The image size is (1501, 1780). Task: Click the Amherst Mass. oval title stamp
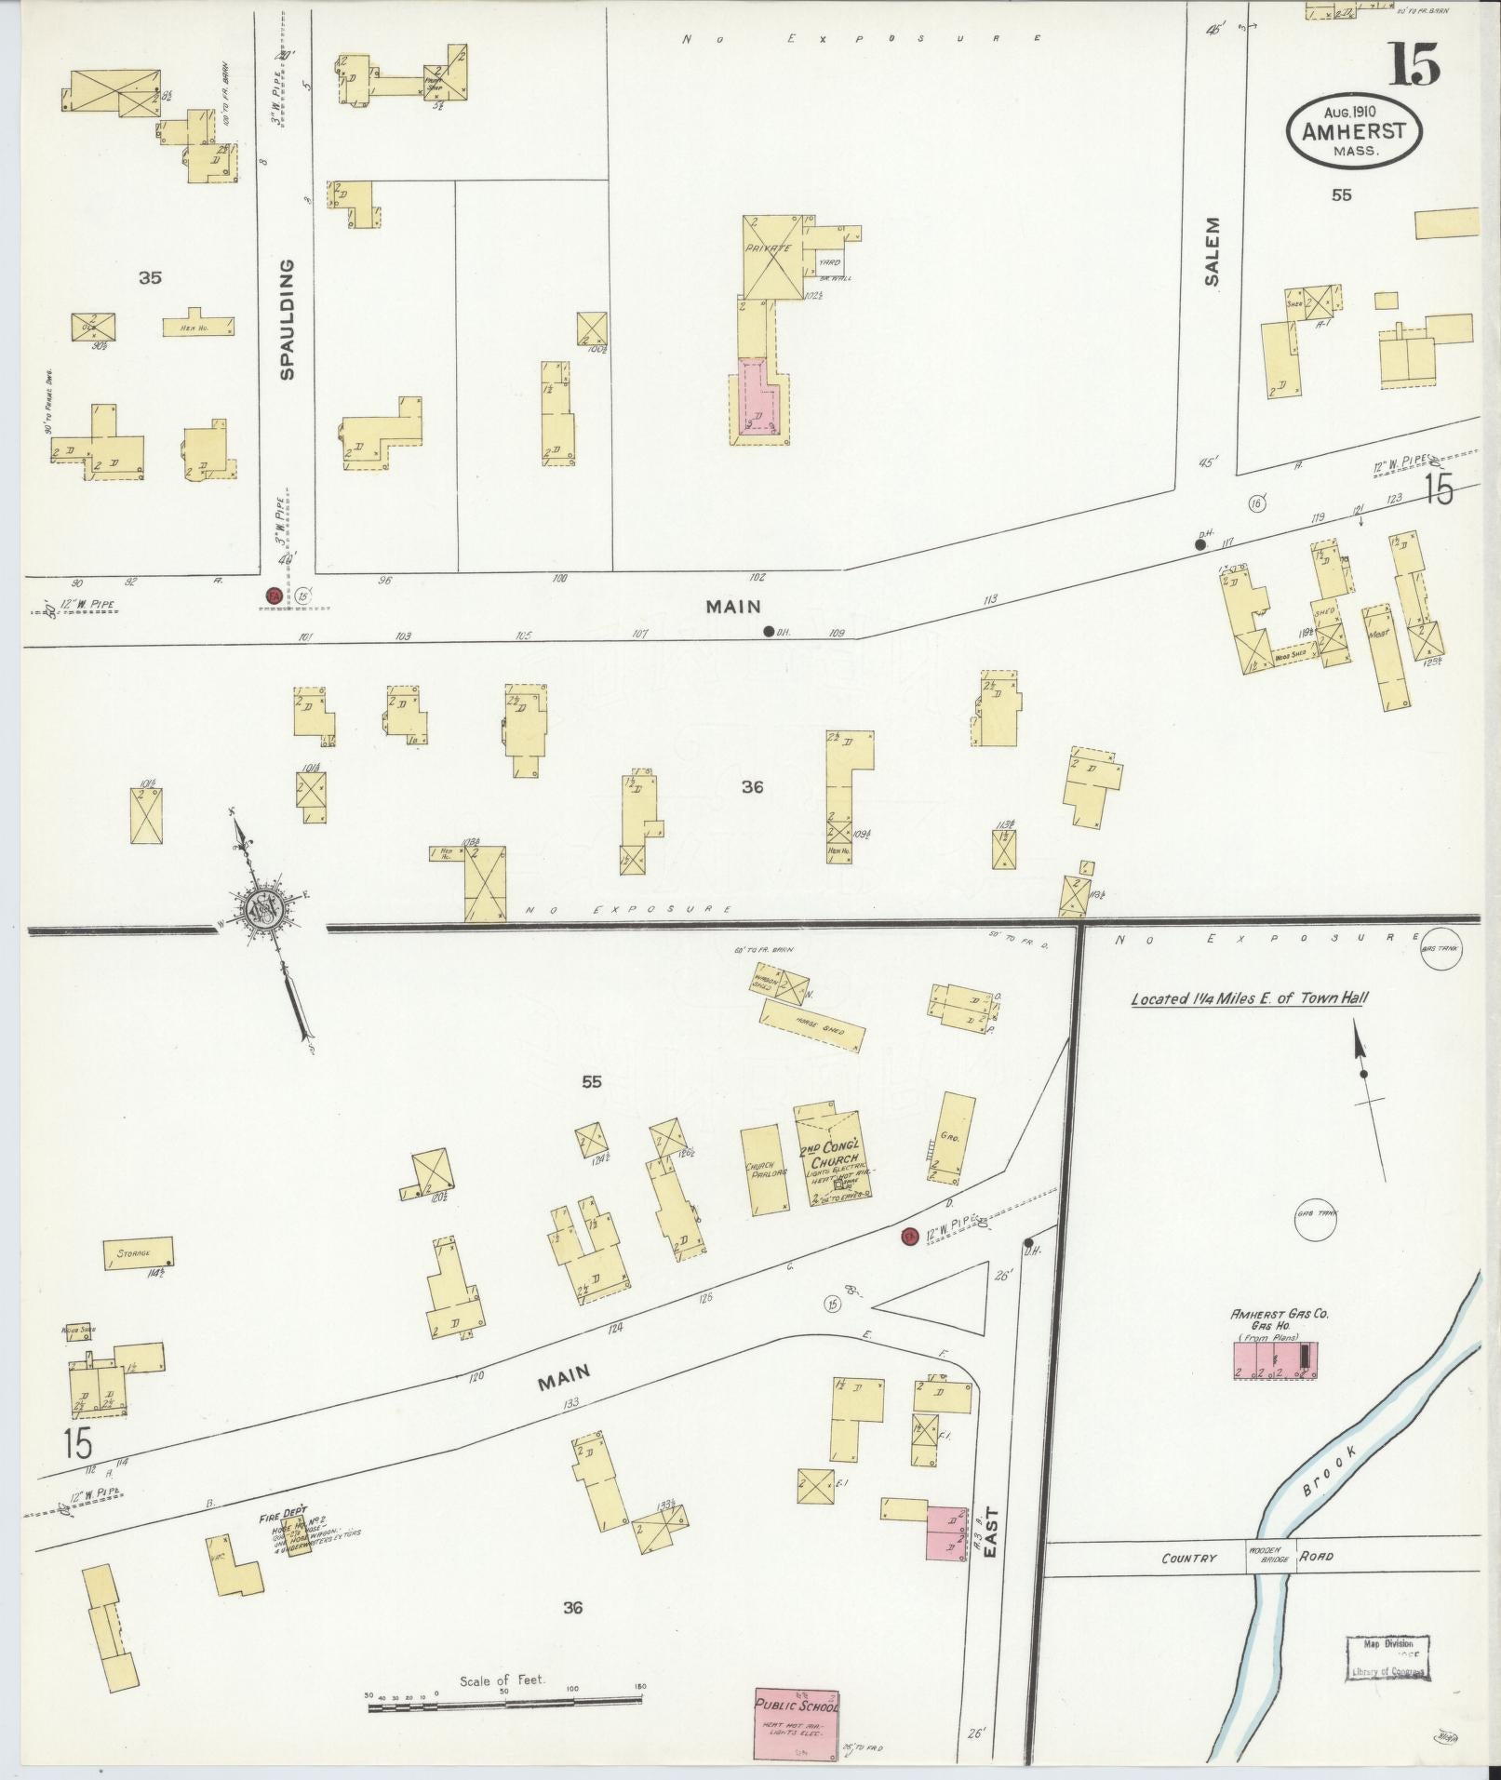coord(1354,127)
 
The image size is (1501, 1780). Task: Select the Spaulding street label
coord(286,319)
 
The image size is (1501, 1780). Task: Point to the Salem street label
coord(1213,252)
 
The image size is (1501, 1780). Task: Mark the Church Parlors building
coord(764,1171)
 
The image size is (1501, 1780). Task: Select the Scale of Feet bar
coord(503,1700)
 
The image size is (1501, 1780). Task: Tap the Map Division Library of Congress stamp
coord(1387,1657)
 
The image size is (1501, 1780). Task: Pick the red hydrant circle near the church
coord(909,1237)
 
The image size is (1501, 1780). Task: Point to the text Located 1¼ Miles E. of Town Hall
coord(1249,999)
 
